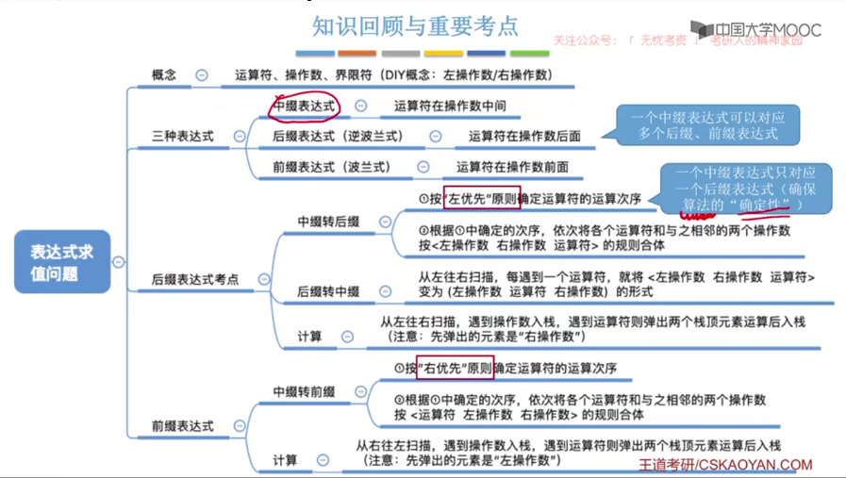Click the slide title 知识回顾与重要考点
point(415,25)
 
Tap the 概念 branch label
point(164,74)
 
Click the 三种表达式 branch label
point(183,136)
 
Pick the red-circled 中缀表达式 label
point(304,107)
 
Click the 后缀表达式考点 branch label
point(195,280)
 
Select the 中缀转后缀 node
point(328,222)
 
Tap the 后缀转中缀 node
point(328,292)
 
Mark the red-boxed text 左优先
point(468,199)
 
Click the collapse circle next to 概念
point(202,74)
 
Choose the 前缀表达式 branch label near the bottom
point(183,426)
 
